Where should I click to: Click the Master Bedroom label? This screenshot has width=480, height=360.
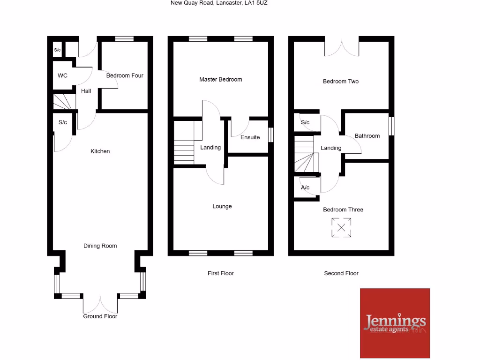(220, 80)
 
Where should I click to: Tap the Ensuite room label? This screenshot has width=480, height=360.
(250, 137)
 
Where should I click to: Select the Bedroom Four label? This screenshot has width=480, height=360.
(125, 75)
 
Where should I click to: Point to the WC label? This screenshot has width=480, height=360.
(63, 75)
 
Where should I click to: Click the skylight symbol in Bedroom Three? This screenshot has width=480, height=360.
(341, 228)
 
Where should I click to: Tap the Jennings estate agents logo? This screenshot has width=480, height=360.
(395, 323)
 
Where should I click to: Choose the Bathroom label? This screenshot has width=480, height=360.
(367, 136)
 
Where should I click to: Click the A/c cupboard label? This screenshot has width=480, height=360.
(305, 187)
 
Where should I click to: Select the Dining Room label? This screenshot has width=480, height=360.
(100, 246)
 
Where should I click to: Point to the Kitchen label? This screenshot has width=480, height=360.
(100, 151)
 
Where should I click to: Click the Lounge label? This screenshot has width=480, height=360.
(222, 206)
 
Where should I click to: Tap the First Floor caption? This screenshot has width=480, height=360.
(220, 273)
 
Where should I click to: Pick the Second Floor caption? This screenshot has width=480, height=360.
(341, 273)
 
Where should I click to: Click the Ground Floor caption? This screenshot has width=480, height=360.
(100, 316)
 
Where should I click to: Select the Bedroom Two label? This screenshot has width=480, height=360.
(340, 82)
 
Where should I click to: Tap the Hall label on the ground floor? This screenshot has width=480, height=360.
(86, 91)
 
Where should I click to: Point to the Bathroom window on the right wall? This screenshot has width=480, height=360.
(392, 127)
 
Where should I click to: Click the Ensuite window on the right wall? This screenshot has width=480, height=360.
(271, 135)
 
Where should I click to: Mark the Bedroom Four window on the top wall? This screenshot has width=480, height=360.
(124, 39)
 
